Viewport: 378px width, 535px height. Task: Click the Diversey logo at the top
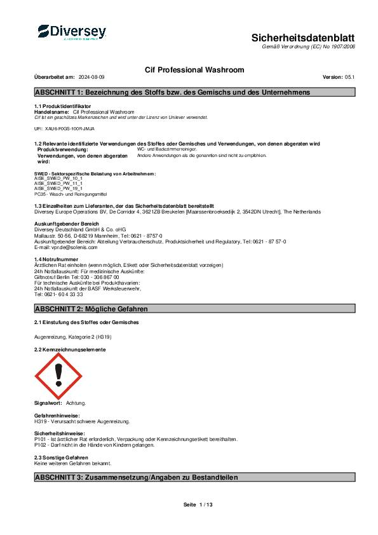[x=71, y=32]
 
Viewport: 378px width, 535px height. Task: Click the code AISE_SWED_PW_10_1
[x=58, y=179]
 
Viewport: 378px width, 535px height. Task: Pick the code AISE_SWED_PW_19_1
[x=58, y=188]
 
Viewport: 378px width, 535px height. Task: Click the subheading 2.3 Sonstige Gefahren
[x=61, y=457]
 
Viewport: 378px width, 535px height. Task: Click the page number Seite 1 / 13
[x=198, y=505]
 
